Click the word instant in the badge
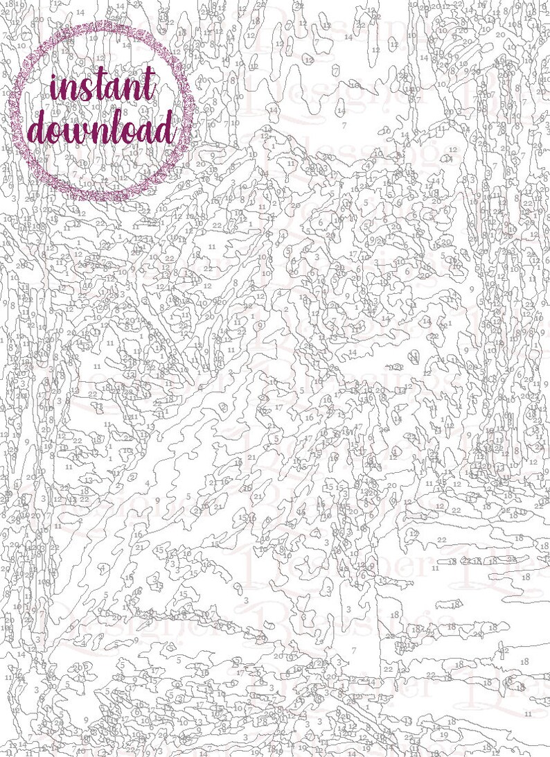click(103, 89)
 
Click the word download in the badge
click(103, 130)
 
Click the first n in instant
click(70, 94)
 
